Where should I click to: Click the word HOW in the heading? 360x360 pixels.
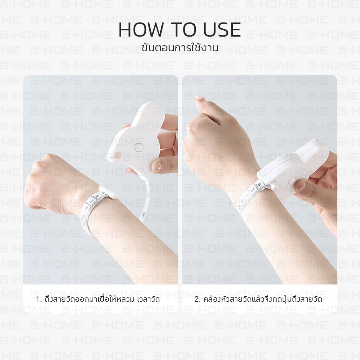tap(141, 30)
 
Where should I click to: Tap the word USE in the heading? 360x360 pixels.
tap(222, 30)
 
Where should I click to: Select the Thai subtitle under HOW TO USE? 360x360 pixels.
tap(180, 48)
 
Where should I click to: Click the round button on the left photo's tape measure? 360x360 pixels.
tap(139, 147)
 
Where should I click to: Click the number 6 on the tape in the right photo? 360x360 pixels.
tap(259, 184)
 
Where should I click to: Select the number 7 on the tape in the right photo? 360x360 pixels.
tap(253, 190)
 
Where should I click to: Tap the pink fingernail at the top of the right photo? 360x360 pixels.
tap(199, 99)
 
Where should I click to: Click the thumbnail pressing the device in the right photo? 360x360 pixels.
tap(301, 186)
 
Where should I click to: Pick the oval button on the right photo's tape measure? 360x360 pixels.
tap(291, 181)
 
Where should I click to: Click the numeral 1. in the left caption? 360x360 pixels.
tap(39, 300)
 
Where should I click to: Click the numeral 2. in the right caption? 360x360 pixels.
tap(198, 300)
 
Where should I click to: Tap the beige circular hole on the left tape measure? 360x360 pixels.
tap(117, 155)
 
